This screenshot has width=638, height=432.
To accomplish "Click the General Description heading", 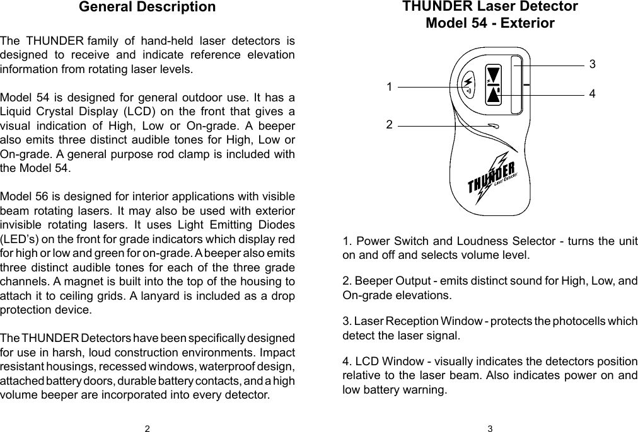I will coord(147,8).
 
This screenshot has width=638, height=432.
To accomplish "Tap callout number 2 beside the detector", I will coord(390,125).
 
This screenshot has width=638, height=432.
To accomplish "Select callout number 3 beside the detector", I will coord(592,64).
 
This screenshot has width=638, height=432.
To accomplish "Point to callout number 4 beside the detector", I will coord(592,93).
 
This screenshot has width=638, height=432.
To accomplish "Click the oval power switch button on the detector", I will coord(468,86).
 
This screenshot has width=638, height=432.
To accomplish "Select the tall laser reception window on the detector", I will coord(517,85).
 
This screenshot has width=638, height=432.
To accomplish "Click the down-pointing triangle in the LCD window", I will coord(493,74).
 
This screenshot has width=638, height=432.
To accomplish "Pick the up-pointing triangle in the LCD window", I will coord(493,94).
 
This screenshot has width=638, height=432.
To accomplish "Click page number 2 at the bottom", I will coord(147,429).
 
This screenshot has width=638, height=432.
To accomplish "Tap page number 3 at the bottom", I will coord(490,429).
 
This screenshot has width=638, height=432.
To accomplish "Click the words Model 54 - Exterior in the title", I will coord(490,24).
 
